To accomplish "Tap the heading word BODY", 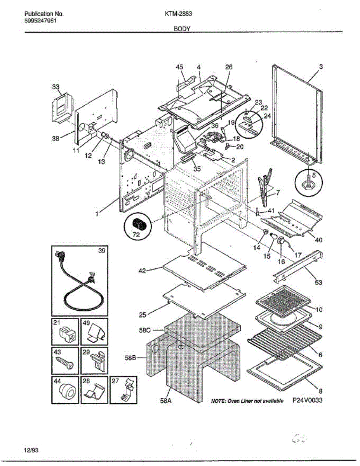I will click(x=181, y=29).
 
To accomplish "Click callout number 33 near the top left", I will click(x=56, y=87).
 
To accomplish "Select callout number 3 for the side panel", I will click(x=321, y=67).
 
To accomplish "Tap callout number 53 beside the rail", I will click(x=318, y=282).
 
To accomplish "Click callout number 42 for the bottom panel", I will click(x=142, y=271).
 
